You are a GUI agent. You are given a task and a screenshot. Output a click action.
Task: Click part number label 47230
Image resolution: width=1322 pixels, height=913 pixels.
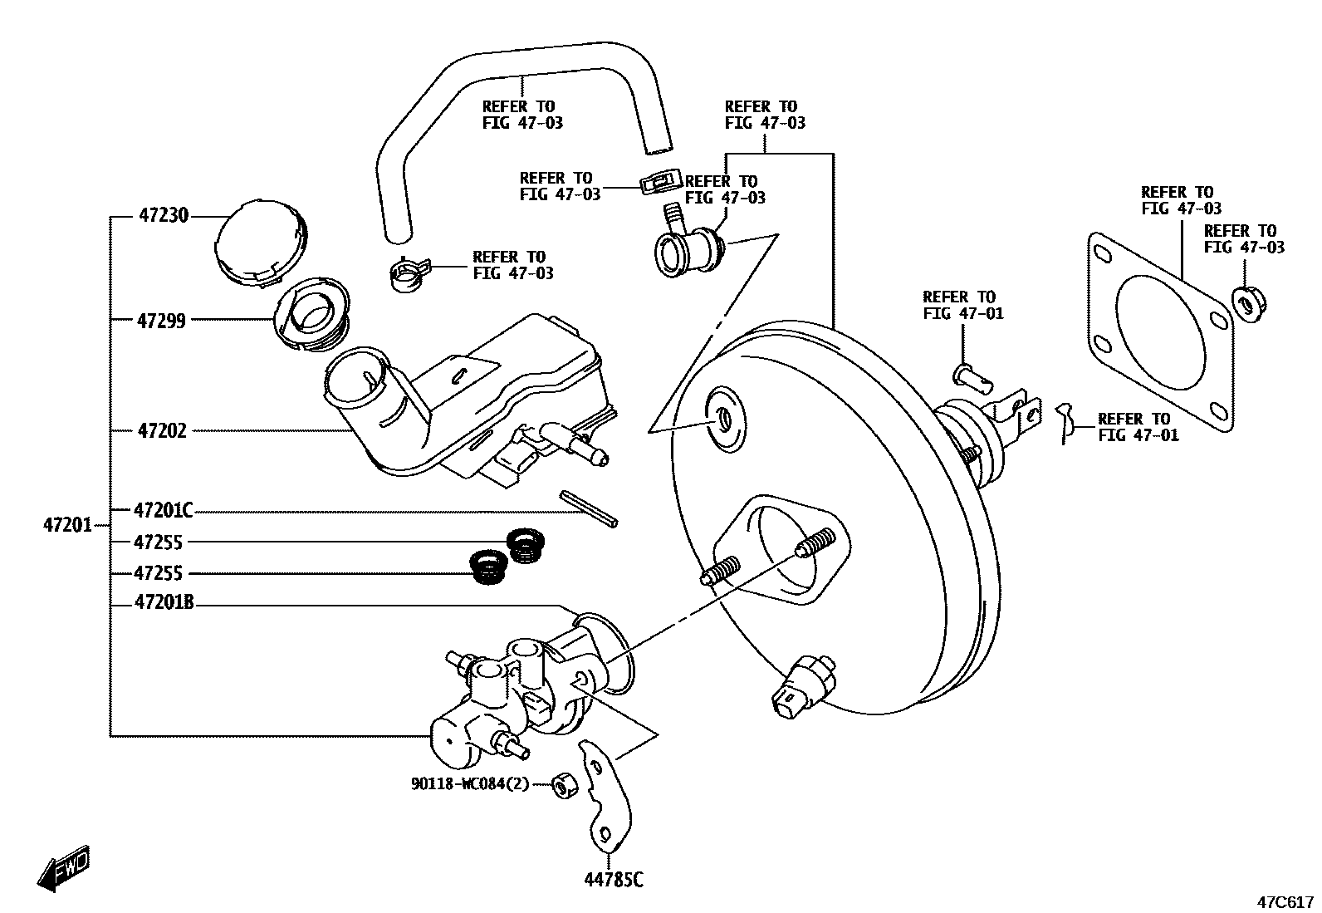[x=164, y=216]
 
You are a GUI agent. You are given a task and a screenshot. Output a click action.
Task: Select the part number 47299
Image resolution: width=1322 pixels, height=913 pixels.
[x=161, y=321]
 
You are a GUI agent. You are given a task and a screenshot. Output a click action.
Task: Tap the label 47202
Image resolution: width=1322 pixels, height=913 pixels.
[x=162, y=430]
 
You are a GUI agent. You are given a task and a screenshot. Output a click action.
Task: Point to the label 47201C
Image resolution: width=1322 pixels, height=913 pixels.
[x=164, y=510]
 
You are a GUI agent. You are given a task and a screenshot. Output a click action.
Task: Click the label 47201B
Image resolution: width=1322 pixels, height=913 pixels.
[x=164, y=604]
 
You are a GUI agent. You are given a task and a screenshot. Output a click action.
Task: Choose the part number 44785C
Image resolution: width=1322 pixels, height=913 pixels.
[x=614, y=879]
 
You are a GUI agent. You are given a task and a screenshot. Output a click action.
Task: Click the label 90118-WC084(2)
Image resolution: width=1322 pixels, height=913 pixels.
[x=469, y=783]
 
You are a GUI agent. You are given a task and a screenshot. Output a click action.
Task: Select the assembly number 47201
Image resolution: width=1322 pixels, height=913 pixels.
[x=67, y=525]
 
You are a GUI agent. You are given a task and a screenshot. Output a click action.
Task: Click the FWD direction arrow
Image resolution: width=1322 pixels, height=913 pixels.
[x=64, y=870]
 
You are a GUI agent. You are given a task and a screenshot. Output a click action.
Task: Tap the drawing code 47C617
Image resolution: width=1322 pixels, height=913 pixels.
[x=1284, y=901]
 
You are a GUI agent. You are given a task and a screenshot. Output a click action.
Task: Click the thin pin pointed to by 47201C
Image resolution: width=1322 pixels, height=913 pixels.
[x=588, y=508]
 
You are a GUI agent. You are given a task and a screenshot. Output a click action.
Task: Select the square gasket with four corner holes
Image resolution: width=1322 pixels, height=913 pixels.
[x=1159, y=332]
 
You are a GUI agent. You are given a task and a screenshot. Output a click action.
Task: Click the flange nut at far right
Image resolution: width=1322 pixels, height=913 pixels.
[x=1245, y=302]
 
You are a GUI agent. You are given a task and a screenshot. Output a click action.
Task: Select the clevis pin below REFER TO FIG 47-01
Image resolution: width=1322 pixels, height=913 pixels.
[x=972, y=376]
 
